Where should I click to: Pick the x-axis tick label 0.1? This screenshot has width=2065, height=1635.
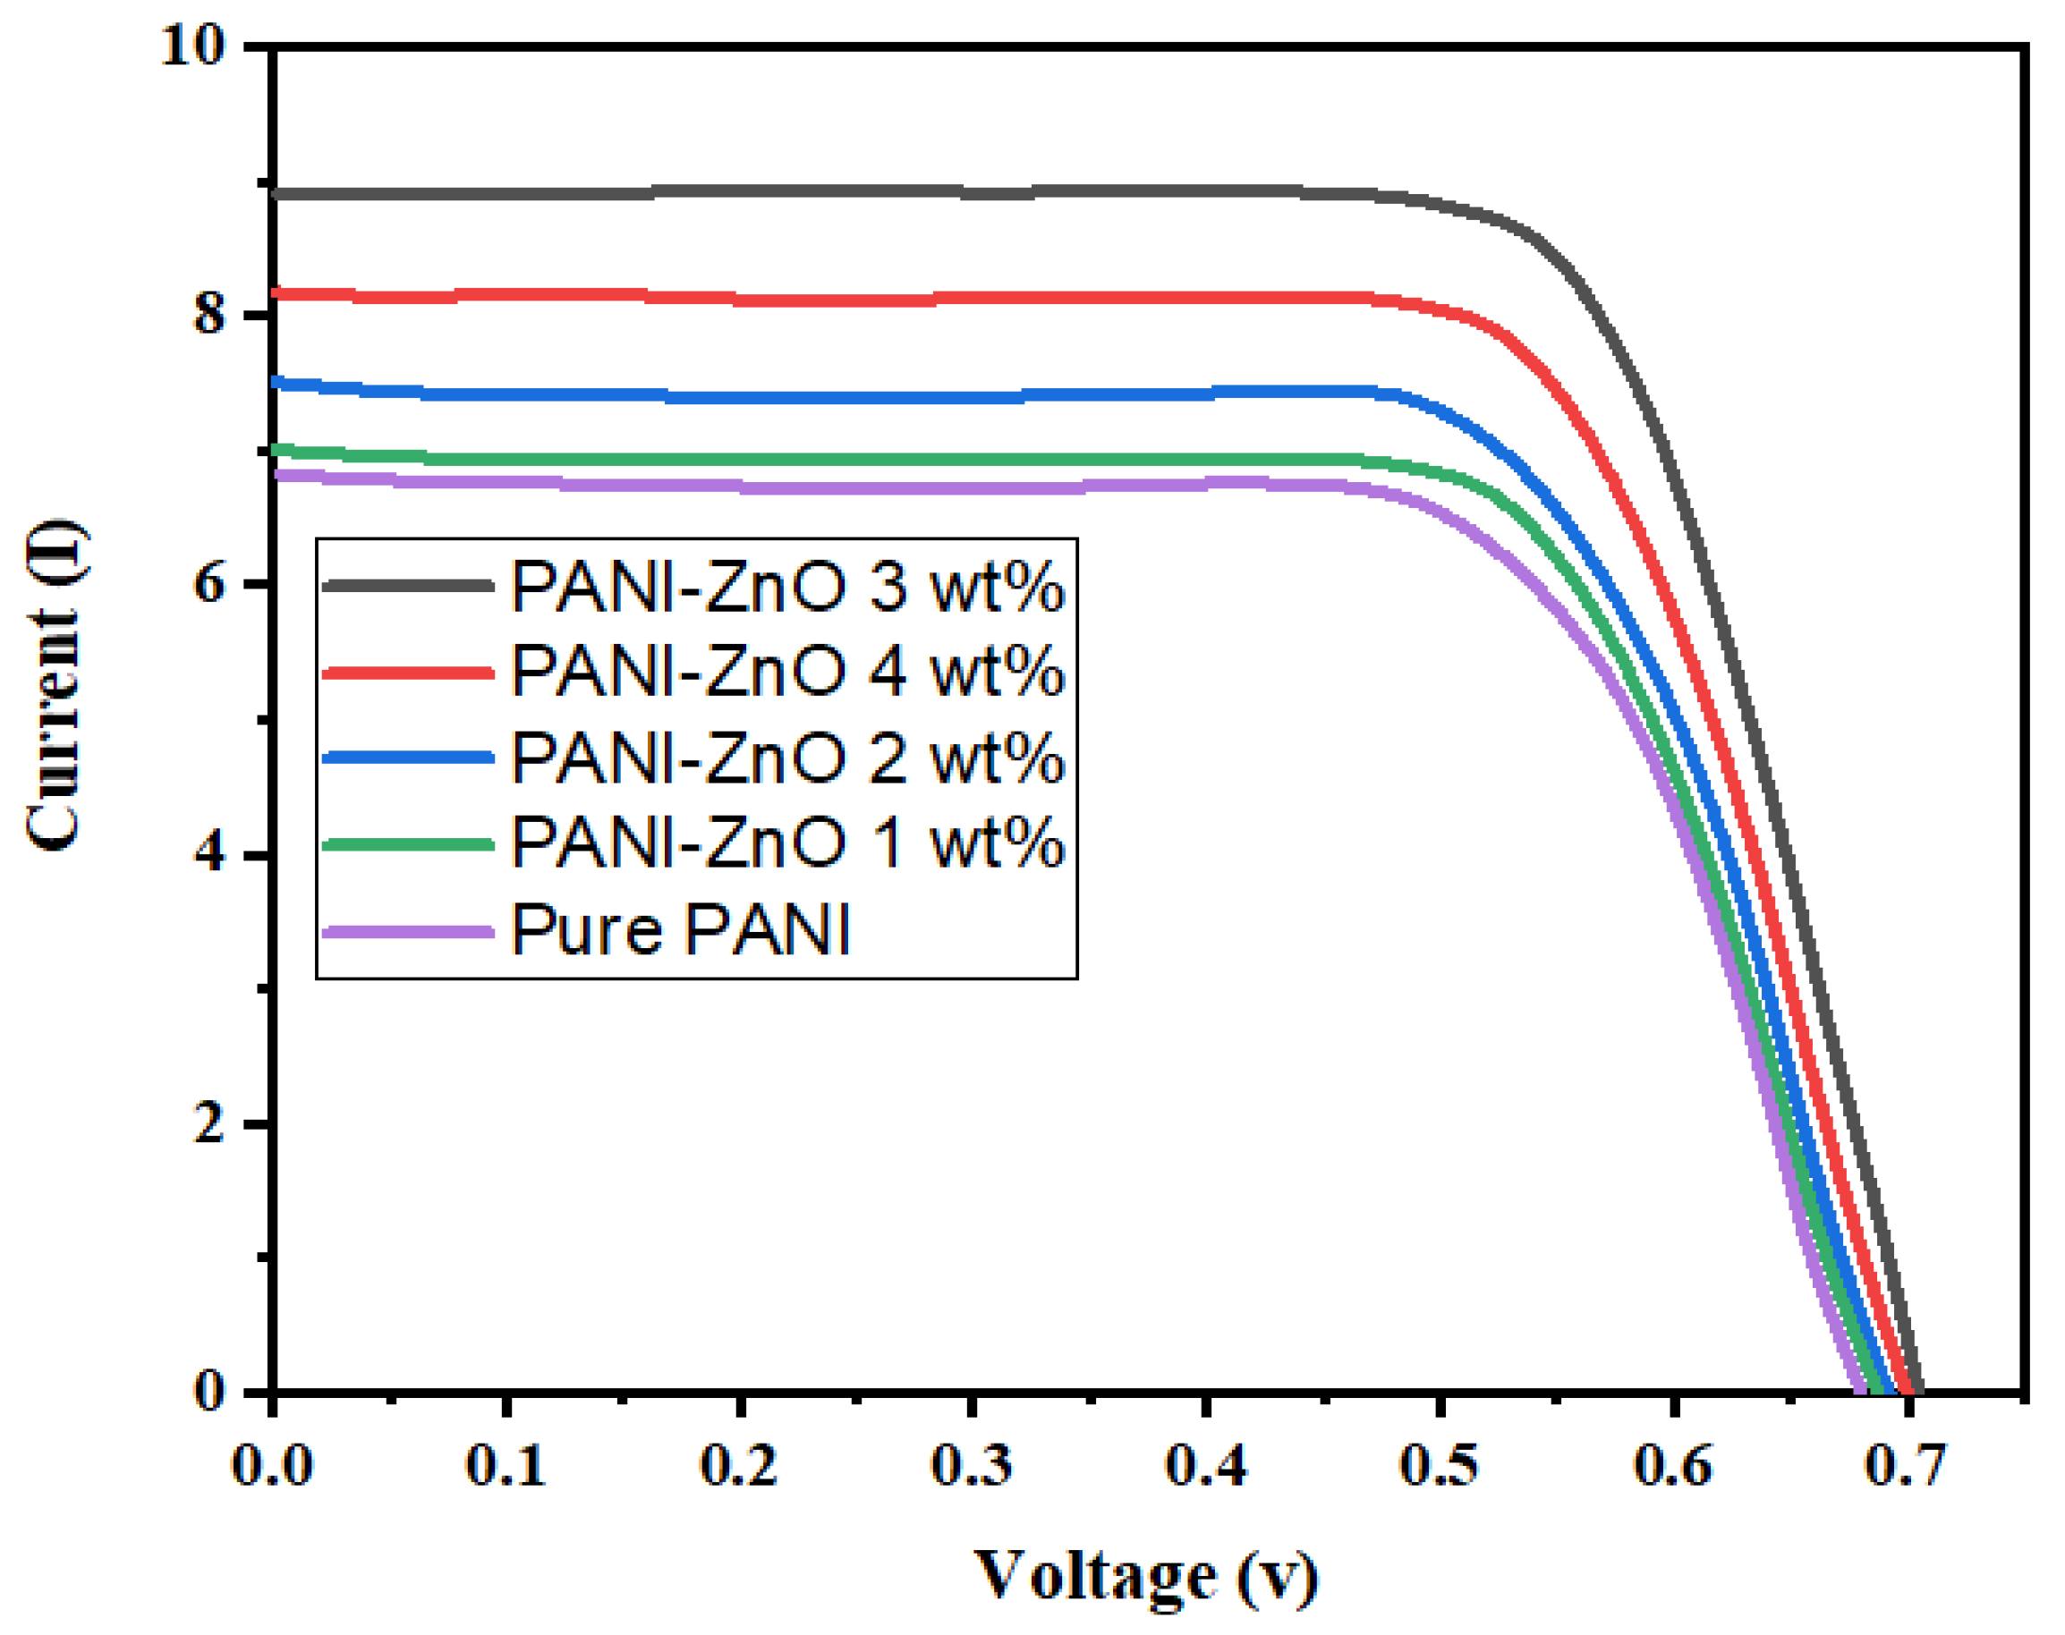point(506,1466)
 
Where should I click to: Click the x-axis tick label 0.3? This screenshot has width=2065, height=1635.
point(972,1466)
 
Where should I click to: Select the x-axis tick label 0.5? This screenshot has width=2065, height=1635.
point(1439,1466)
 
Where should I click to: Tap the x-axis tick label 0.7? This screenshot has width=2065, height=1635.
point(1905,1466)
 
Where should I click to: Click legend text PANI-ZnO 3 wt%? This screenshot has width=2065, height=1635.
point(787,586)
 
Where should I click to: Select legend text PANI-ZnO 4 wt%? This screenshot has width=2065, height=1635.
point(787,671)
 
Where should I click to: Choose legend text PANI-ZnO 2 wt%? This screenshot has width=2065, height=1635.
point(787,758)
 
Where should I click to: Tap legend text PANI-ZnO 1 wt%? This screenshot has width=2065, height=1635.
point(787,843)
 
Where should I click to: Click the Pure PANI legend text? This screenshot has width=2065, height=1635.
point(681,929)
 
